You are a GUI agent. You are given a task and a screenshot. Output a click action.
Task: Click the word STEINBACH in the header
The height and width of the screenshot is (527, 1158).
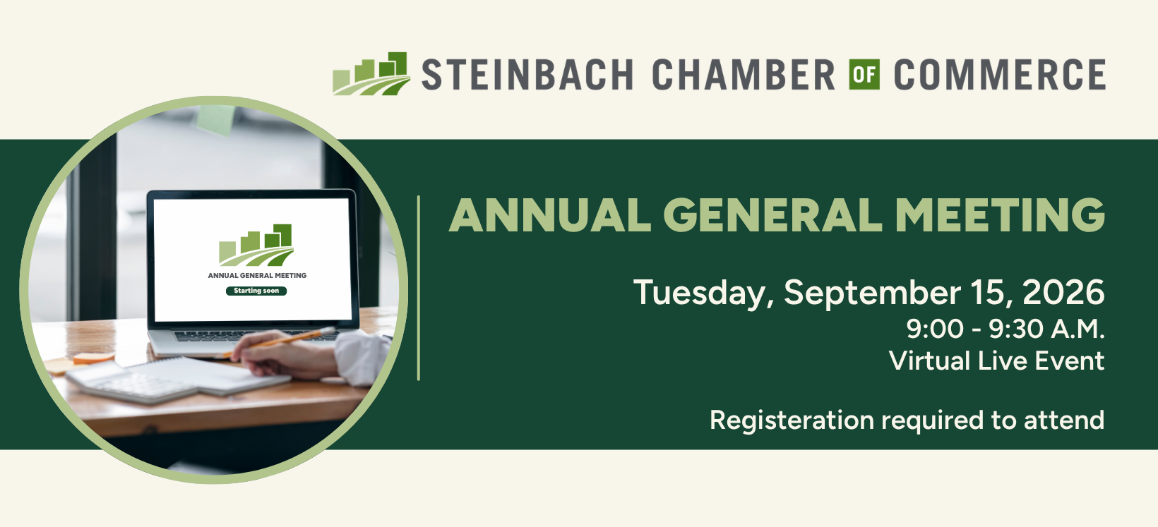[527, 74]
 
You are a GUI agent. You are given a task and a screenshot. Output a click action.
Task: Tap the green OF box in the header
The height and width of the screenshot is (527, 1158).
[864, 75]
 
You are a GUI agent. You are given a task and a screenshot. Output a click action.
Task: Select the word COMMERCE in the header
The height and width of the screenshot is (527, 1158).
[1000, 74]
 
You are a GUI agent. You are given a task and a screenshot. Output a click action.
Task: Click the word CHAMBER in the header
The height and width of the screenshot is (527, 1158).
[744, 74]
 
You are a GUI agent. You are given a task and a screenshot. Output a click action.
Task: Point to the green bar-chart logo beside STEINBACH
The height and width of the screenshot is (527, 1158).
[371, 73]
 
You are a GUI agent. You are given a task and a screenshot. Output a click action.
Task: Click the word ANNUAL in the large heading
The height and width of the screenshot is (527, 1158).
[549, 215]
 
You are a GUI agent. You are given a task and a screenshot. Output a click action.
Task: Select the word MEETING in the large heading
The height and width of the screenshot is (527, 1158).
[1000, 215]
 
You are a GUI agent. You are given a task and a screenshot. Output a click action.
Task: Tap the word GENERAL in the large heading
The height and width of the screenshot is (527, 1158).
[773, 215]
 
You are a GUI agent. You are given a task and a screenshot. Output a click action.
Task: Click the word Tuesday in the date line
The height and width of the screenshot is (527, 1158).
[703, 293]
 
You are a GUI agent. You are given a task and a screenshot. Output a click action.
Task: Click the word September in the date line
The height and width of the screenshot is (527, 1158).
[872, 293]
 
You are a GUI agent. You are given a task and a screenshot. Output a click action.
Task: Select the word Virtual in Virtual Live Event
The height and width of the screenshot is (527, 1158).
[929, 360]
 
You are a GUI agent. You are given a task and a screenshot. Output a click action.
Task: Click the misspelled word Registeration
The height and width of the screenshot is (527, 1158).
[792, 420]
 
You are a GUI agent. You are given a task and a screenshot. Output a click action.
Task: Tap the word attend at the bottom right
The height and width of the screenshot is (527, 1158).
[1064, 420]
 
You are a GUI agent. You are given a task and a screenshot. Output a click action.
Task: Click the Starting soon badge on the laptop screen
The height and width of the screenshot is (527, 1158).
[256, 291]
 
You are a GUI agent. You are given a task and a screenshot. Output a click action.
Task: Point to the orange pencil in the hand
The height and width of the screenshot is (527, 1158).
[279, 342]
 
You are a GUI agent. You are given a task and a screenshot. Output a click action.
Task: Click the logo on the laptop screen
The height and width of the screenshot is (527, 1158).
[256, 245]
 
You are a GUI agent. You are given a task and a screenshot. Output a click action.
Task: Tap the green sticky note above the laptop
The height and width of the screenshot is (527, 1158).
[215, 119]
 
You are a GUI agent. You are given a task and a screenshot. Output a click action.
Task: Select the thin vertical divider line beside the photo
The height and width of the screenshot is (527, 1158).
[418, 289]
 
